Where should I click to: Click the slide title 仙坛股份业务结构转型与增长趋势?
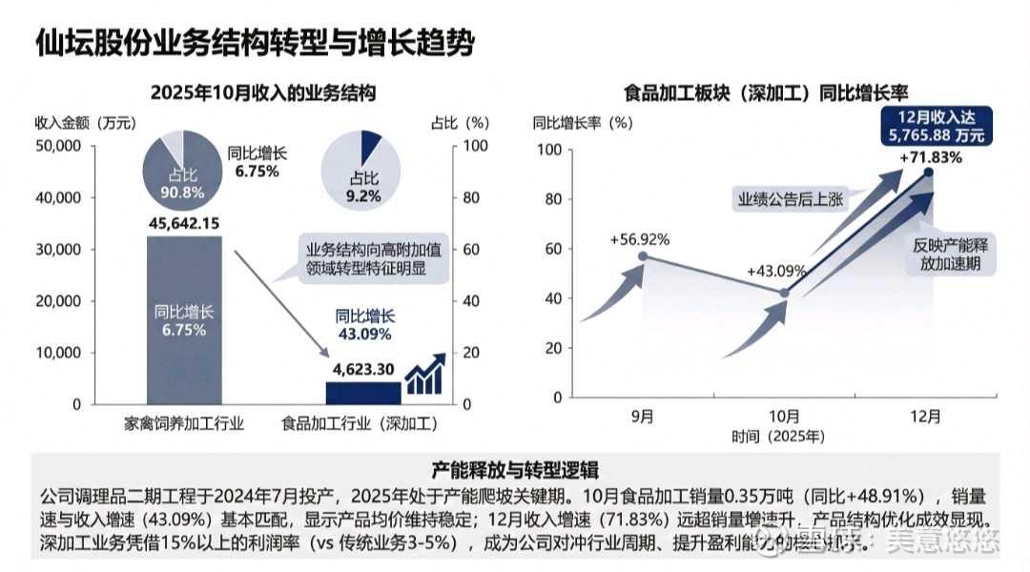(x=255, y=43)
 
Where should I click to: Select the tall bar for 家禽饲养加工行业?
(x=185, y=319)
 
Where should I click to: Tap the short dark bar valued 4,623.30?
(x=363, y=393)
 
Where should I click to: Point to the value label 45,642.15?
(x=185, y=223)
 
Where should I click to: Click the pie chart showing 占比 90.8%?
(x=184, y=167)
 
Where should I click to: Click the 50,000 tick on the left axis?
(x=60, y=147)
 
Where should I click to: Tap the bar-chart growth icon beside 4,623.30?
(x=424, y=374)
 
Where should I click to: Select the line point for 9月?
(x=643, y=255)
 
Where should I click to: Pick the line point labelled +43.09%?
(x=784, y=293)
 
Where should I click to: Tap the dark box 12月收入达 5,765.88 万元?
(x=935, y=126)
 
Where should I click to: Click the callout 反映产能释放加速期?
(x=952, y=254)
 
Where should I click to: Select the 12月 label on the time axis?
(x=926, y=416)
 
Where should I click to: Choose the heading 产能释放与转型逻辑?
(x=515, y=470)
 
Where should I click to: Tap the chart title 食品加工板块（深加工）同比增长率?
(x=766, y=93)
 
